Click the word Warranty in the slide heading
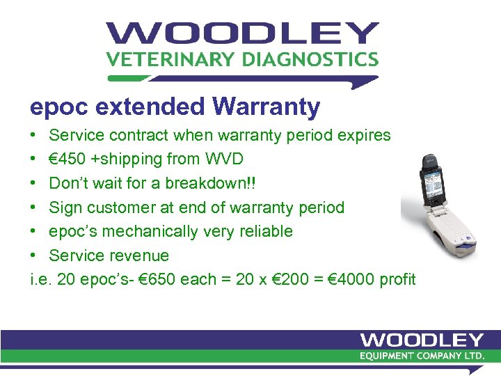point(267,107)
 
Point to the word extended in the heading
point(149,107)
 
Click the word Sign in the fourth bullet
point(65,207)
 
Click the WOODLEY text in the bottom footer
point(422,340)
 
